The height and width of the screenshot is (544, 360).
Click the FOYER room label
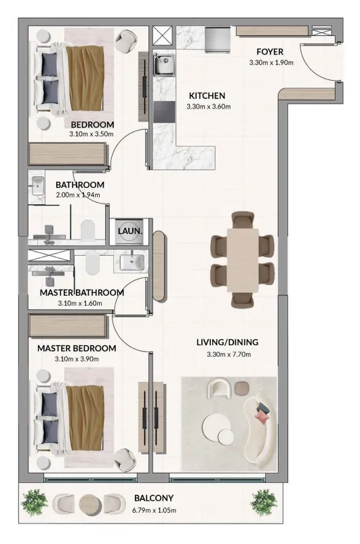270,52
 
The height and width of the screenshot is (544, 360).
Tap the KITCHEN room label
207,96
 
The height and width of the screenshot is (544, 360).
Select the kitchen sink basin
163,64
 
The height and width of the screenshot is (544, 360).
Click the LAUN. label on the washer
130,231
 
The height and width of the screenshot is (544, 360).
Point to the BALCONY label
154,498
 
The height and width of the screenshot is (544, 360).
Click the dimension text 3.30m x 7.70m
229,355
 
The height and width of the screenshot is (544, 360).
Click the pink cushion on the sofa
262,417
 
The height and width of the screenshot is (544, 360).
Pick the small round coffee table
226,436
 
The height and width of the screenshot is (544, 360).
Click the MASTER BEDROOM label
77,349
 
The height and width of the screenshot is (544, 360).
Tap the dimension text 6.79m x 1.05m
154,510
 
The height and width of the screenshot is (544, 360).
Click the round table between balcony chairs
90,503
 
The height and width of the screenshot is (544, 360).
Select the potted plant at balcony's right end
264,503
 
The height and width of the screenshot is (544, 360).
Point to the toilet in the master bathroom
92,263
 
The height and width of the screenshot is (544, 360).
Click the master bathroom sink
132,263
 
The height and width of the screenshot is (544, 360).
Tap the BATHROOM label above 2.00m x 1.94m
80,185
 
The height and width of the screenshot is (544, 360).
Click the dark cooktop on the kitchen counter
164,112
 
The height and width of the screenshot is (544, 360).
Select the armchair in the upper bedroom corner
126,41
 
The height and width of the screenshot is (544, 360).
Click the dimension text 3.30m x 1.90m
271,63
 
